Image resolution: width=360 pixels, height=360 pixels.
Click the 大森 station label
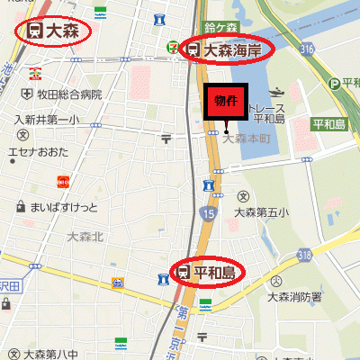pyautogui.click(x=53, y=31)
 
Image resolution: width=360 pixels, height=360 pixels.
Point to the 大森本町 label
pyautogui.click(x=247, y=139)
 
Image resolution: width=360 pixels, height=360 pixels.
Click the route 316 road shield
pyautogui.click(x=309, y=48)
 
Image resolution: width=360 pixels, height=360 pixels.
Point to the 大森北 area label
pyautogui.click(x=85, y=237)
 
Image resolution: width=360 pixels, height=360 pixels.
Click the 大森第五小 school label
pyautogui.click(x=261, y=212)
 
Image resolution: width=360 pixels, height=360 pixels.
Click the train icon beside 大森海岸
pyautogui.click(x=193, y=50)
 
